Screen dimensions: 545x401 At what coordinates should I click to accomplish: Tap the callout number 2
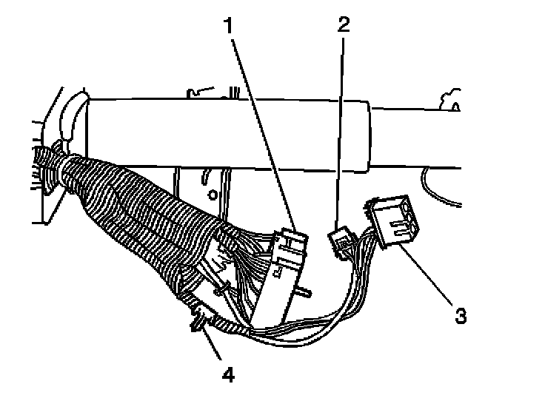click(341, 24)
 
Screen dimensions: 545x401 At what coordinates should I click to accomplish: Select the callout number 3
click(460, 316)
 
